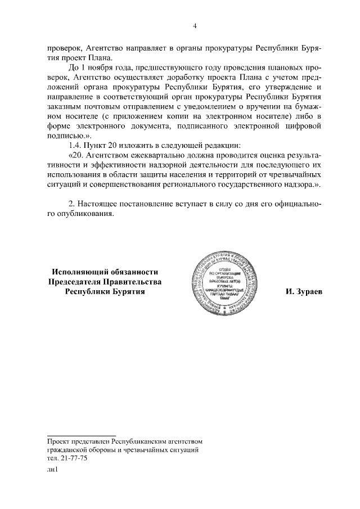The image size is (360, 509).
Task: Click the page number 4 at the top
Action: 195,25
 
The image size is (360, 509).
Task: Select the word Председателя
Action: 73,282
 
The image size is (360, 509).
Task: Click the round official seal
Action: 224,282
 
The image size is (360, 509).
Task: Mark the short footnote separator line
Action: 82,435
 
